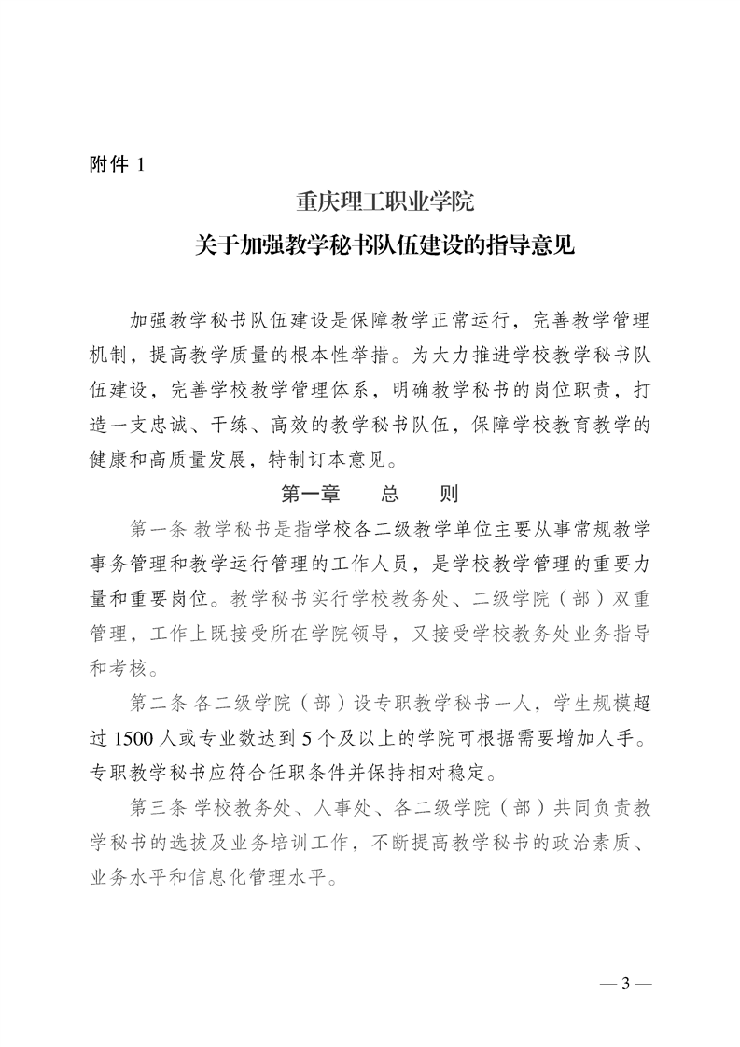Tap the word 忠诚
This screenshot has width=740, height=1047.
214,425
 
